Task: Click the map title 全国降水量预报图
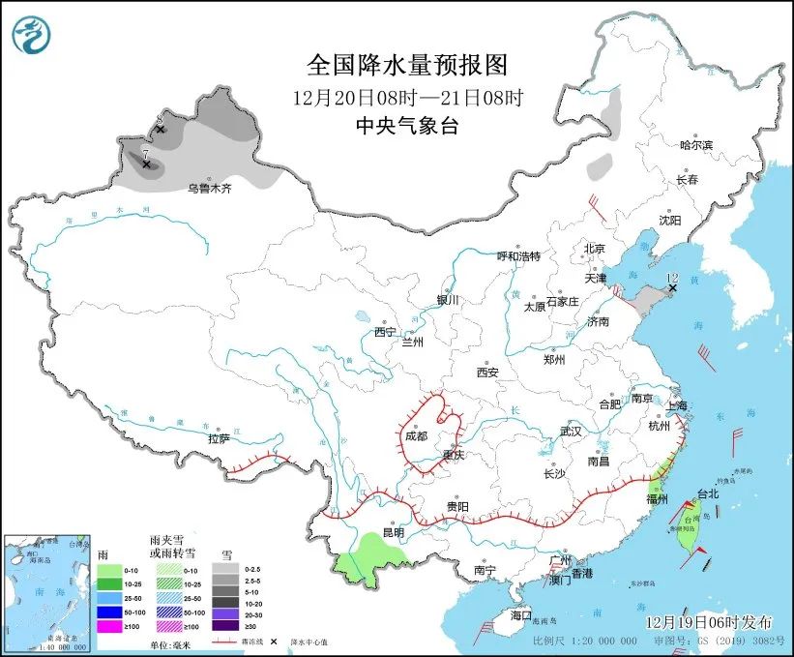coord(406,66)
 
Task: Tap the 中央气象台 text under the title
coord(406,125)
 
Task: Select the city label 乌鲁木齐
coord(210,189)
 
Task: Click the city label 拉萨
coord(219,438)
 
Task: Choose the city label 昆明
coord(393,532)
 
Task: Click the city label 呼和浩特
coord(518,256)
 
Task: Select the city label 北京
coord(594,249)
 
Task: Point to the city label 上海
coord(677,405)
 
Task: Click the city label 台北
coord(708,493)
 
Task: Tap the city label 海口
coord(521,615)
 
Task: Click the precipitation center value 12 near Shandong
coord(672,278)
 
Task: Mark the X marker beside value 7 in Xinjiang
coord(146,165)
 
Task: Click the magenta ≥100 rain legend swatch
coord(109,627)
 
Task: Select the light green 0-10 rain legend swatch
coord(109,571)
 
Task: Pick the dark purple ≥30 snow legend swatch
coord(232,627)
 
